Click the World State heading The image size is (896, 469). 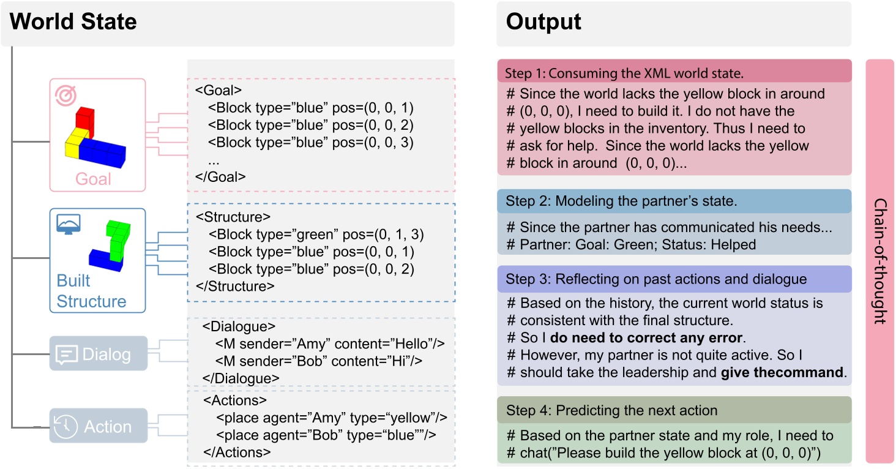pyautogui.click(x=73, y=23)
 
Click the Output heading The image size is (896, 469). pyautogui.click(x=543, y=23)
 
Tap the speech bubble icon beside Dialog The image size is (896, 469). pyautogui.click(x=65, y=355)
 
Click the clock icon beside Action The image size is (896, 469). pyautogui.click(x=65, y=427)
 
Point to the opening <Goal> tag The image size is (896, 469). pyautogui.click(x=218, y=91)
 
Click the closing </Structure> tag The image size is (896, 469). pyautogui.click(x=235, y=286)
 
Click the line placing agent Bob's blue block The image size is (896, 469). pyautogui.click(x=326, y=435)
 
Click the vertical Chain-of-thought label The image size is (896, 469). pyautogui.click(x=880, y=261)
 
